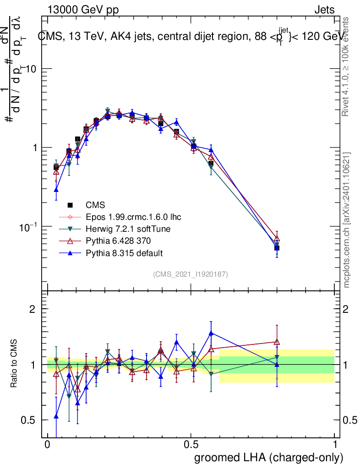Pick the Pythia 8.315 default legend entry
coord(124,253)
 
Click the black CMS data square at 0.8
coord(277,248)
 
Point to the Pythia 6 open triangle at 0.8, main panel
coord(277,239)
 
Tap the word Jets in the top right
coord(324,10)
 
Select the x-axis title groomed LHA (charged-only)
coord(269,458)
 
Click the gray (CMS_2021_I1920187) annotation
coord(191,274)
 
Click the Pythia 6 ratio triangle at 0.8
coord(277,342)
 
